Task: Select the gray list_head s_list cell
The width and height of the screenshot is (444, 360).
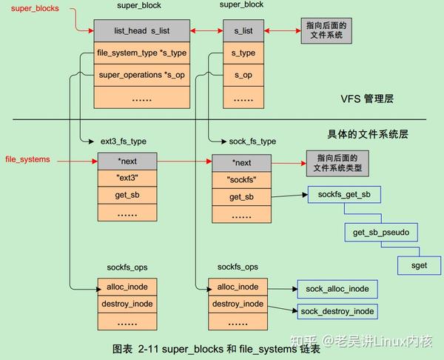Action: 141,31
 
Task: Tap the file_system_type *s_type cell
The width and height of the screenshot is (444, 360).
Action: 141,53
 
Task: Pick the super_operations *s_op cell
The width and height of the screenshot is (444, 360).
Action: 141,75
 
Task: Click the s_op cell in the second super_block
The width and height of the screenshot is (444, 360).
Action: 243,75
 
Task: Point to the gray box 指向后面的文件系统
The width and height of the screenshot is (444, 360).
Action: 326,31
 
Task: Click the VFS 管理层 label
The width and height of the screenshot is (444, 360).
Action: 371,99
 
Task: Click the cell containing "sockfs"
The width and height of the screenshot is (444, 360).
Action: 242,179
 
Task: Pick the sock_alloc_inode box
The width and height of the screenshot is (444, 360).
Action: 337,287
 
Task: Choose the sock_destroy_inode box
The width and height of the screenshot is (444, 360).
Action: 337,310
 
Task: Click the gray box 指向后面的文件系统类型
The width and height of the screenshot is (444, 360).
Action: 337,163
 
